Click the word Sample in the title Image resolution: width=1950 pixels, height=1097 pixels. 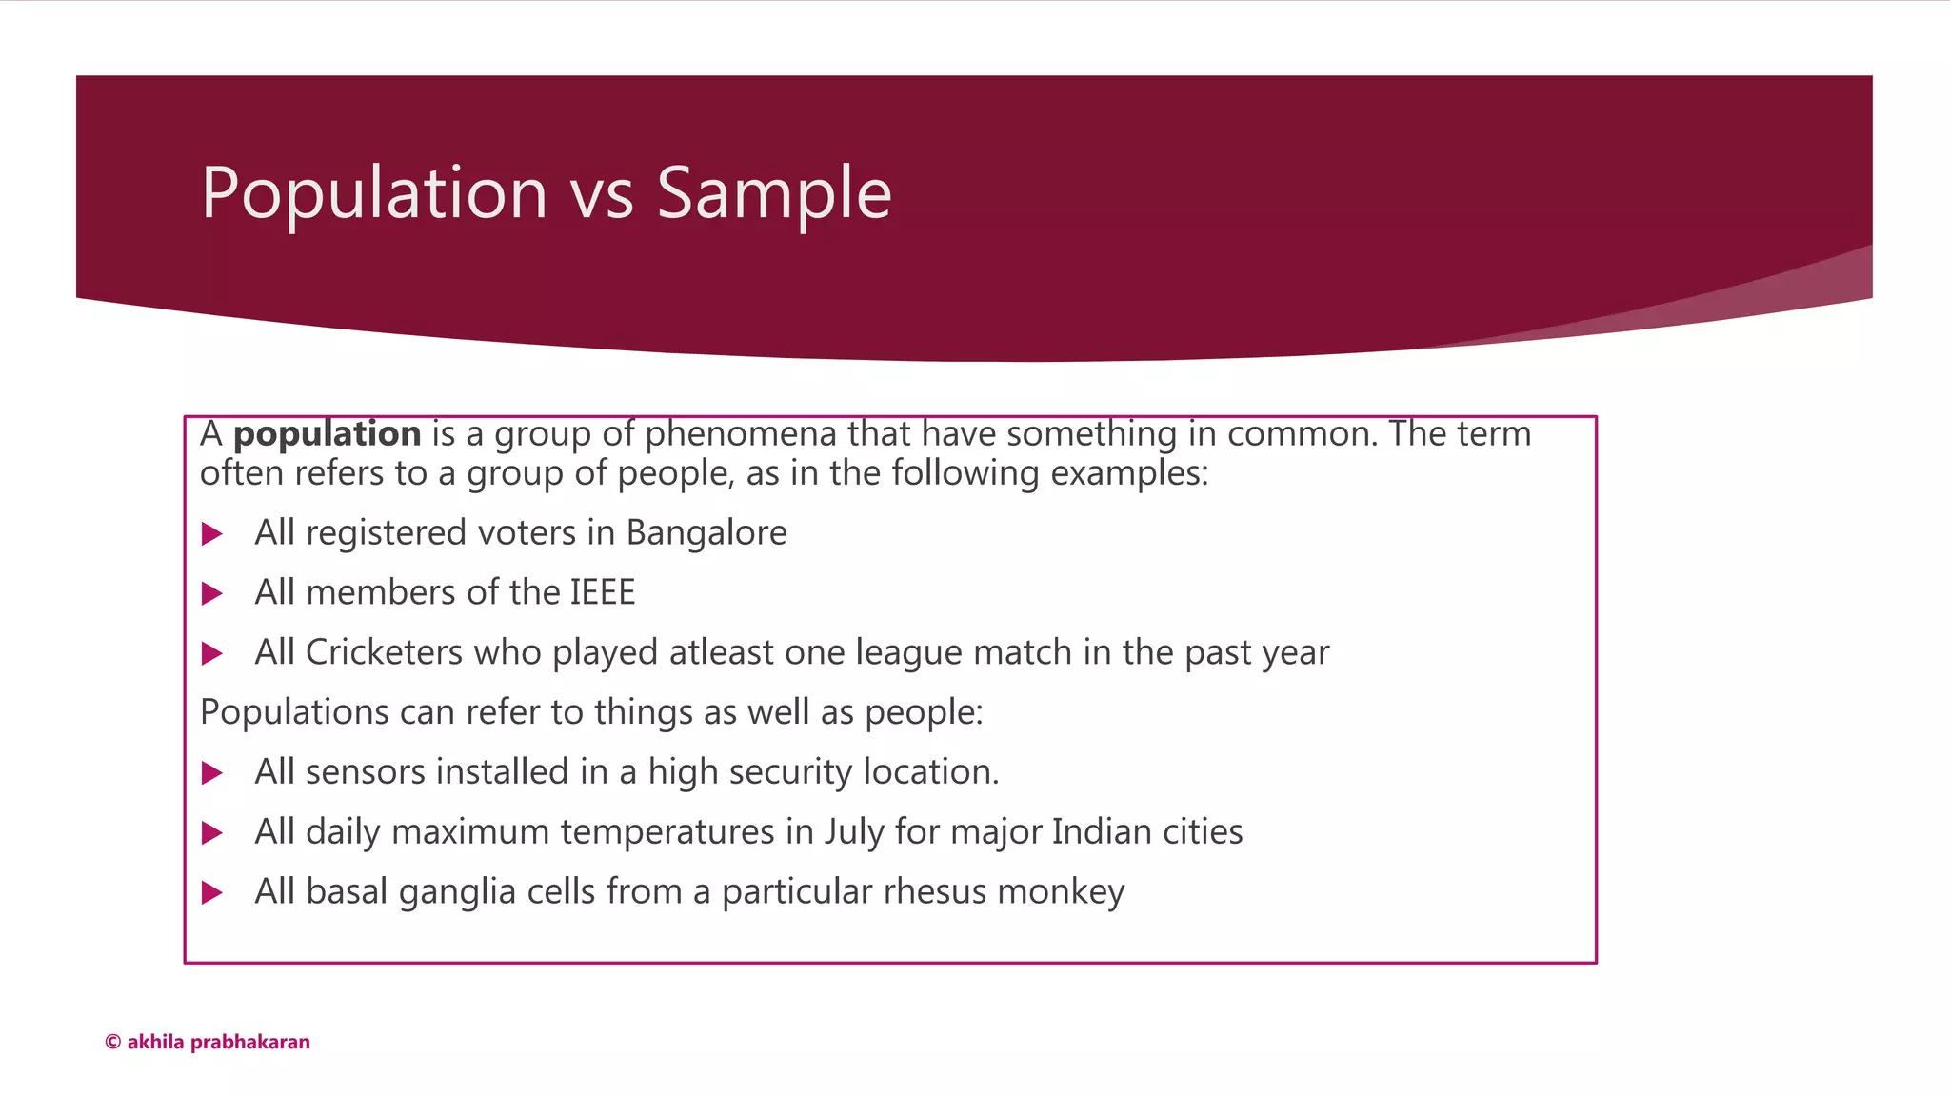[773, 193]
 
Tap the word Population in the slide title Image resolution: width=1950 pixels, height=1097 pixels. [374, 193]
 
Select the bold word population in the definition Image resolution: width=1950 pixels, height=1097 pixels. [327, 434]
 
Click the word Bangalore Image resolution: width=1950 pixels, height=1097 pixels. [706, 532]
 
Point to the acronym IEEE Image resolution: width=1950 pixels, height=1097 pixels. [602, 592]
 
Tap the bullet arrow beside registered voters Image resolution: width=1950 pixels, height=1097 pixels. [212, 534]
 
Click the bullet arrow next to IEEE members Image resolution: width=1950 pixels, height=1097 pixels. [212, 594]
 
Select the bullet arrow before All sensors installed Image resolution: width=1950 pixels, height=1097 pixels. [212, 773]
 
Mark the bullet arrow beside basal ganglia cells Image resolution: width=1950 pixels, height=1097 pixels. [212, 893]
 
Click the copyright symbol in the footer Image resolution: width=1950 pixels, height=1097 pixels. [112, 1042]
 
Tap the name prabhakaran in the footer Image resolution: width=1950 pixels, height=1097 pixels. [250, 1042]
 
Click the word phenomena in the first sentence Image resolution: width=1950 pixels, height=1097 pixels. [740, 434]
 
